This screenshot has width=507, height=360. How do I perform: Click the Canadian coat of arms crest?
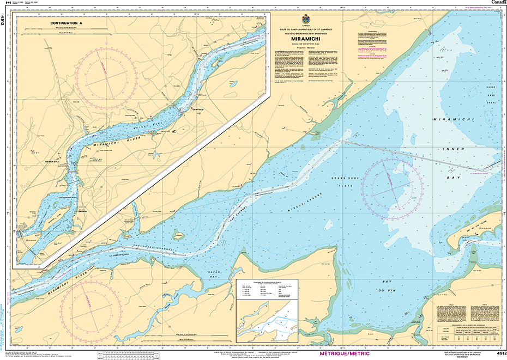305,19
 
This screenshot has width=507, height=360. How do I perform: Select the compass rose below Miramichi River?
90,307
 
